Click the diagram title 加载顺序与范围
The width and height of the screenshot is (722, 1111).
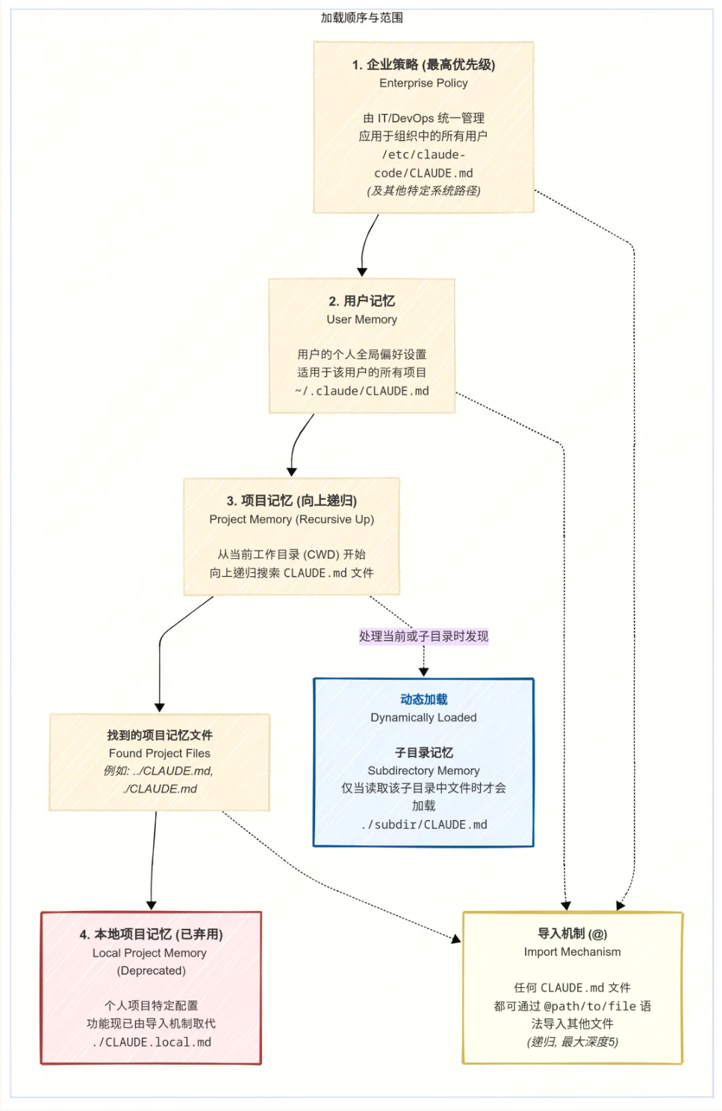361,17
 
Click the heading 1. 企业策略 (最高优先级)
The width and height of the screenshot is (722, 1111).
423,64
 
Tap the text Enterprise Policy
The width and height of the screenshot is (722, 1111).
423,83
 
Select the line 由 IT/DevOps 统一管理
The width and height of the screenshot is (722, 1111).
423,118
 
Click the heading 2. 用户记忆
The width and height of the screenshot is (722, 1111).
361,301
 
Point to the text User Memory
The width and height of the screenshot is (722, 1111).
361,319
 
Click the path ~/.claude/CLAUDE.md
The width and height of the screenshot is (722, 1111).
361,391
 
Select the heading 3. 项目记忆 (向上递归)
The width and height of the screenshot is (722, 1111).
291,501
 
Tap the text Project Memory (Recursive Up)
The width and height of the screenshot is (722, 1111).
291,519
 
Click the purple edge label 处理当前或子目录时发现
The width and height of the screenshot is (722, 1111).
423,636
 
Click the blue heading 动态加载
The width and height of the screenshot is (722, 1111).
423,699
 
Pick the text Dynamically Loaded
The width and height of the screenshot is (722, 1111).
423,718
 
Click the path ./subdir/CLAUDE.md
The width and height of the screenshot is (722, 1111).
423,824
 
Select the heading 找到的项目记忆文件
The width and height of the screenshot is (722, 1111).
159,735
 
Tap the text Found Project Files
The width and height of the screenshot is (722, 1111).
159,754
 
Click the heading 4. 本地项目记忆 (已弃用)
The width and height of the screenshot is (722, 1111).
151,934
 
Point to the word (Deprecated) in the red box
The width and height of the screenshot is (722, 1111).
151,971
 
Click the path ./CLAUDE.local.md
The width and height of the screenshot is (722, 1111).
151,1042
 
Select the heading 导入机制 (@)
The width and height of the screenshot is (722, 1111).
572,933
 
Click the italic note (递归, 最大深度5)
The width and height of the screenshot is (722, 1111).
572,1042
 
